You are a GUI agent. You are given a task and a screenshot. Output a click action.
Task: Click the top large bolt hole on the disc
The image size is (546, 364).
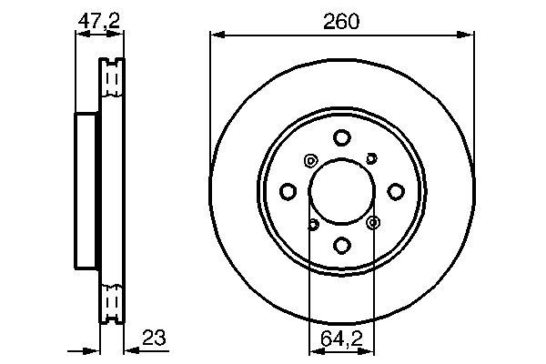coord(341,138)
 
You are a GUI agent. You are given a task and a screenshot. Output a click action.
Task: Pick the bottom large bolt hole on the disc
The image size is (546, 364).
coord(341,245)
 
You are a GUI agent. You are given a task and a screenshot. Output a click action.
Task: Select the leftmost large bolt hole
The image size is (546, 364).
coord(288,191)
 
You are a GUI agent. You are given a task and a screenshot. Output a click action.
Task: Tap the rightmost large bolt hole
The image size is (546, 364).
coord(395,191)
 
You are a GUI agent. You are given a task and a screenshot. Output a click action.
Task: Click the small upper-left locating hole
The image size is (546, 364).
coord(310,161)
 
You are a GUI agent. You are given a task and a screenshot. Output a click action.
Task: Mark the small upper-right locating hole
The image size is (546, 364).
coord(371,159)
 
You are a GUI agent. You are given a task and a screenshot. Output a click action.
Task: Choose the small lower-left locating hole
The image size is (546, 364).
coord(312,224)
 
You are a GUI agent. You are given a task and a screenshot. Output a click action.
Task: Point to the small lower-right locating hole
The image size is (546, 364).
coord(372,222)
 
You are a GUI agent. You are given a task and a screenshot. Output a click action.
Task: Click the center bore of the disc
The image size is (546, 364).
coord(341,191)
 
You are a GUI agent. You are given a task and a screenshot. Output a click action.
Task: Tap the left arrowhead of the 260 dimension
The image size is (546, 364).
coord(216,35)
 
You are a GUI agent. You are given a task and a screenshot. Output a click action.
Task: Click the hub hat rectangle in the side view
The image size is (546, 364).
coord(86,191)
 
